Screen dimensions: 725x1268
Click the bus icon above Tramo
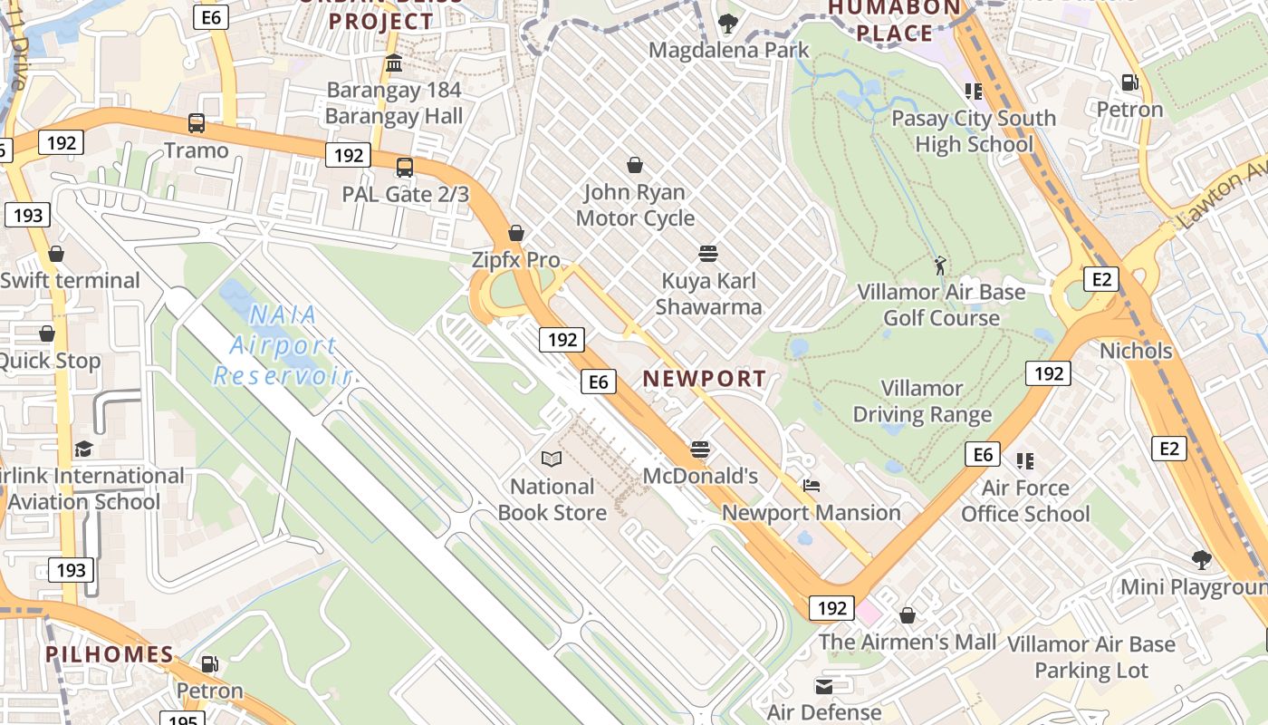[x=196, y=123]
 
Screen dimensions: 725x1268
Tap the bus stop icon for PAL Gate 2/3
[x=405, y=168]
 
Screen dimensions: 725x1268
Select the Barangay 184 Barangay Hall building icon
[x=394, y=63]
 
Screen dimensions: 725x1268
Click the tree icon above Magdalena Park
[x=727, y=24]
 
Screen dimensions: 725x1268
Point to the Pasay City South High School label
[x=974, y=131]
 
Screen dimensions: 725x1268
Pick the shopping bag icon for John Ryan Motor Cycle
[x=635, y=165]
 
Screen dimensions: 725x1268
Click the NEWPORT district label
[x=705, y=379]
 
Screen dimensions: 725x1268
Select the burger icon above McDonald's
[x=699, y=449]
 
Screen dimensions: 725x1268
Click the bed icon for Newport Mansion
[x=812, y=486]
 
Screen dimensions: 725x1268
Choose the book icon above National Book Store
[x=552, y=459]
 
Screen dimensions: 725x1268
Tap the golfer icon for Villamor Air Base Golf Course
[x=940, y=266]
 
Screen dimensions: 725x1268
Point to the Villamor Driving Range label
[x=922, y=402]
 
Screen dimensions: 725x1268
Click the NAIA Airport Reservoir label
[x=277, y=345]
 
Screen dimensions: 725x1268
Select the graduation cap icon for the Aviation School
[x=83, y=449]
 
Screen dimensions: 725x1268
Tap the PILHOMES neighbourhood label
[x=110, y=654]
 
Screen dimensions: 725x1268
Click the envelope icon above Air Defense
[x=824, y=686]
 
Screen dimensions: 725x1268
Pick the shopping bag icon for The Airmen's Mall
[x=907, y=616]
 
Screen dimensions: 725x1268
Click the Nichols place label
[x=1136, y=351]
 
